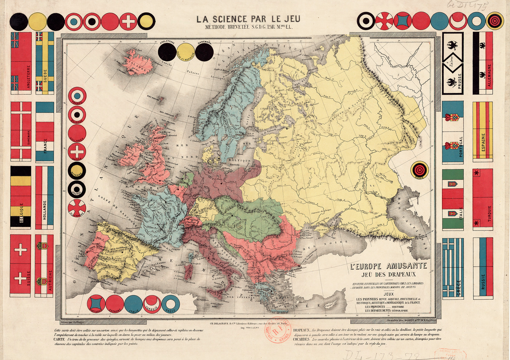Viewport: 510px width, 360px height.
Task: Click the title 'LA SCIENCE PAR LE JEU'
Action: [x=248, y=19]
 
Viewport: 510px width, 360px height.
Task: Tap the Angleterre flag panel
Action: [x=21, y=63]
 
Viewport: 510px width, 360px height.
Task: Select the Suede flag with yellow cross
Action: [x=45, y=63]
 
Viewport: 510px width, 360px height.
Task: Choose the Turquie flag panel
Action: [x=482, y=199]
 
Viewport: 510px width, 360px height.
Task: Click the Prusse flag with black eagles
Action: [x=453, y=63]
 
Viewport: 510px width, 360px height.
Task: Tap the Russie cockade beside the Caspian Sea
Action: [x=419, y=170]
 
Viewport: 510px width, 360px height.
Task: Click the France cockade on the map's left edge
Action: [x=77, y=96]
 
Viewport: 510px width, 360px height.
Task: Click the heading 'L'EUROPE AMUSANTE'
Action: [x=388, y=266]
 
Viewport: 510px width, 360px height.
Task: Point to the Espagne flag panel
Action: [x=482, y=131]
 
